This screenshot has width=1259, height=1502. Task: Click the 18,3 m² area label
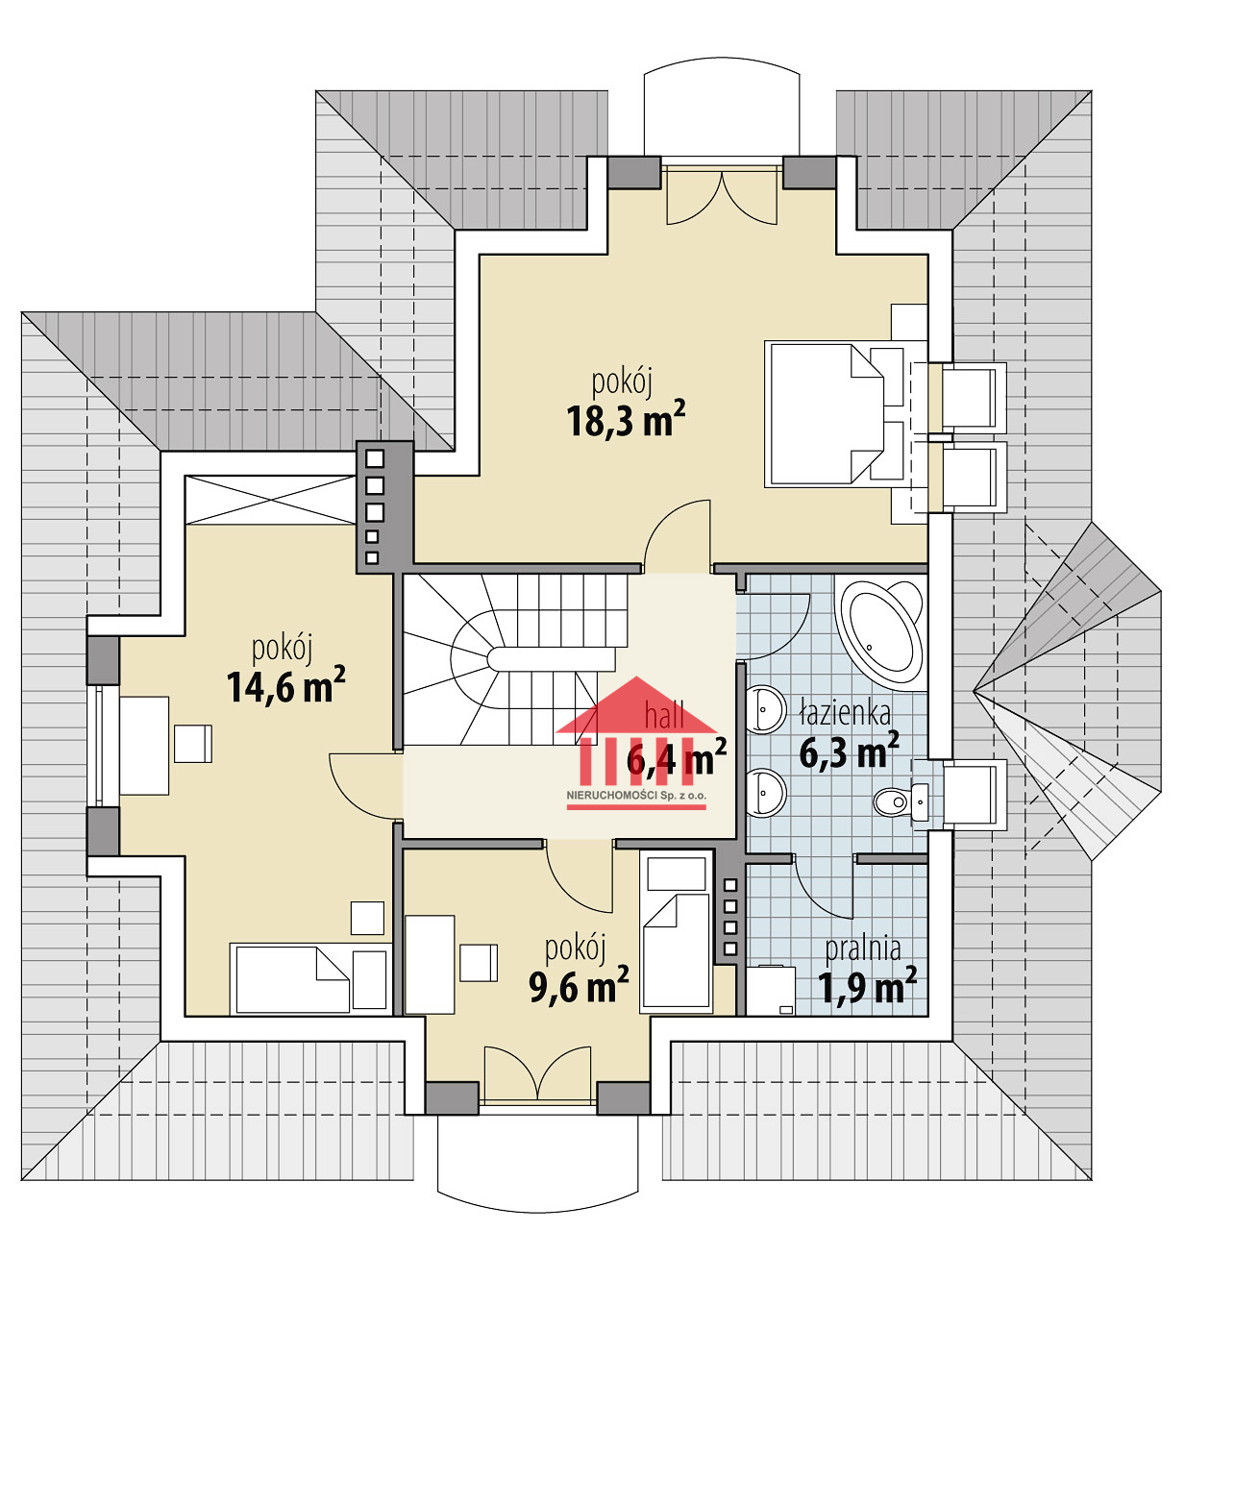pos(626,419)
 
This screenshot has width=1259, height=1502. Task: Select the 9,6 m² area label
pos(579,985)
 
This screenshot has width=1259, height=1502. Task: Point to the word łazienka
pos(845,712)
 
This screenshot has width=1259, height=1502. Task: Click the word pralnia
pos(863,949)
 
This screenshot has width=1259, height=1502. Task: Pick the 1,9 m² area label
pos(867,986)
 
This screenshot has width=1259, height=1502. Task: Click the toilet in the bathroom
pos(901,801)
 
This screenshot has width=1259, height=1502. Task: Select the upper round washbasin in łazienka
pos(764,709)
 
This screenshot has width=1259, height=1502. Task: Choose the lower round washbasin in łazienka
pos(764,793)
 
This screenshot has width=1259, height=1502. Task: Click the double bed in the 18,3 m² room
pos(834,413)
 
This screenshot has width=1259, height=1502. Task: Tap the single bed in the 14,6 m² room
pos(310,979)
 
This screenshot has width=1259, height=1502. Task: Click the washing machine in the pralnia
pos(771,991)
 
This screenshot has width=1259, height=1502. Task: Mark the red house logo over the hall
pos(636,731)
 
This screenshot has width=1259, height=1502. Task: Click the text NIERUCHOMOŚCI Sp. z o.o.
pos(636,796)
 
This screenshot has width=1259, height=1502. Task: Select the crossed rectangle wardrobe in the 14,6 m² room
pos(270,500)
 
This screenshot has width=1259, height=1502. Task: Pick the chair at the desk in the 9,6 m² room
pos(479,963)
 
